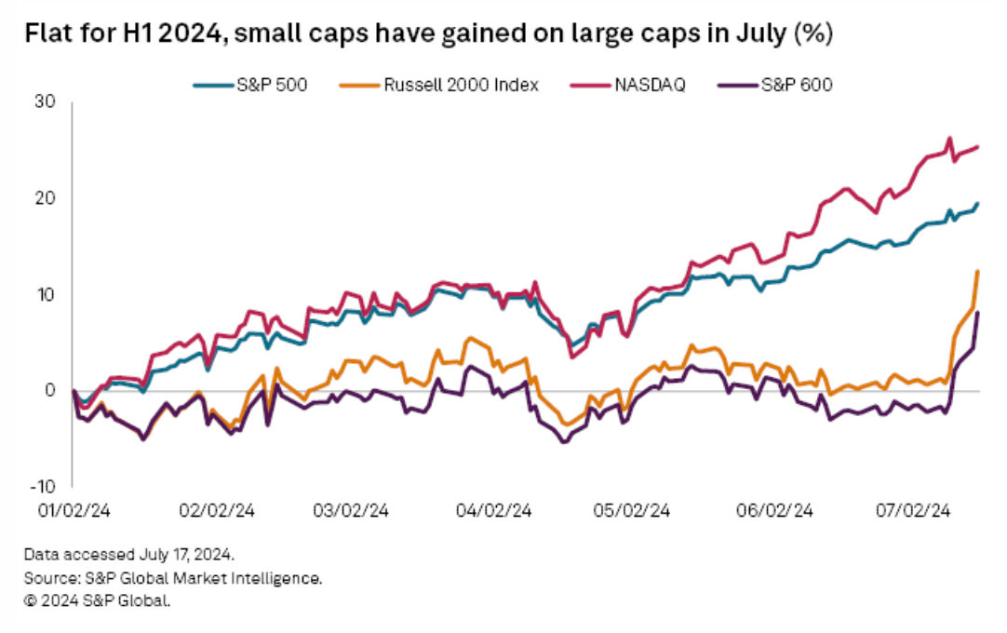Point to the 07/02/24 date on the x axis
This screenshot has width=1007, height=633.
click(916, 510)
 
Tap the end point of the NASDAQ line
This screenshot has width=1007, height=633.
click(976, 147)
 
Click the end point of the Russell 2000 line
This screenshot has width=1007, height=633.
click(977, 271)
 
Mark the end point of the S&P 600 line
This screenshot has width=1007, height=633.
click(977, 313)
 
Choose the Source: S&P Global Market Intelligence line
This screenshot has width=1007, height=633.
click(173, 578)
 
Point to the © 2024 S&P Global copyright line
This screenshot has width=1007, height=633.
click(98, 600)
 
